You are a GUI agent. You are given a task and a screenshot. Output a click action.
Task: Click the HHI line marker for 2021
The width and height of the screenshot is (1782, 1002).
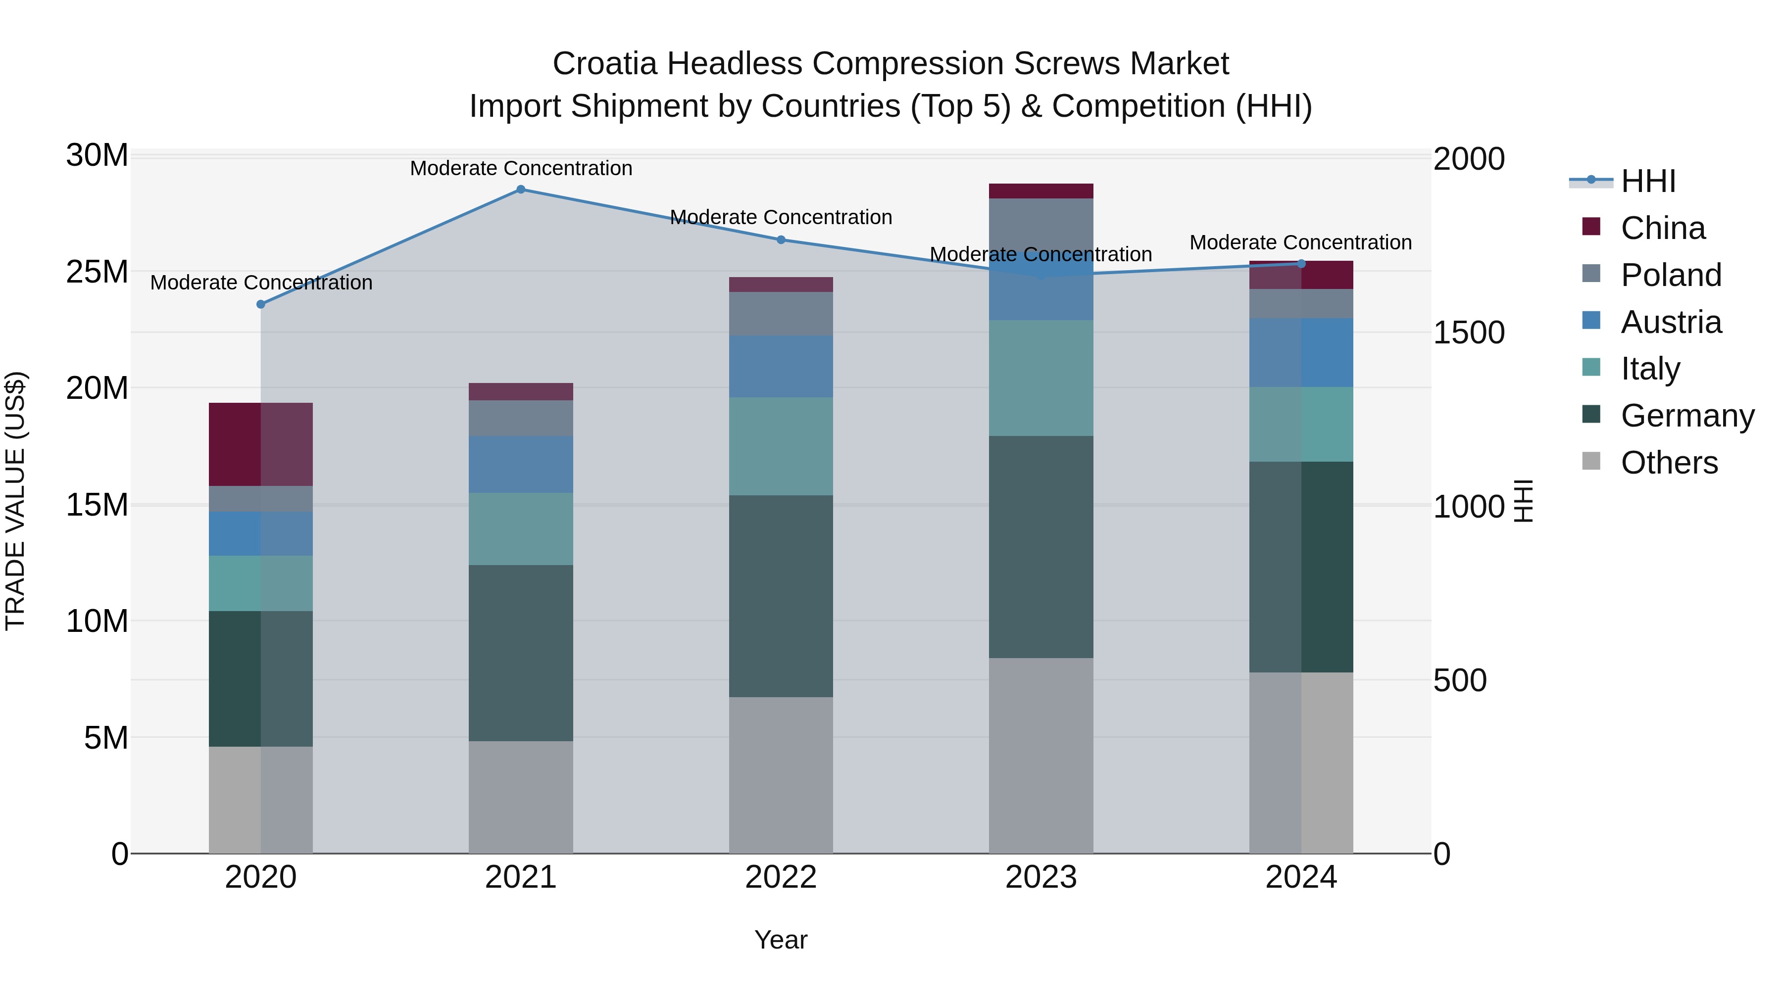pos(521,190)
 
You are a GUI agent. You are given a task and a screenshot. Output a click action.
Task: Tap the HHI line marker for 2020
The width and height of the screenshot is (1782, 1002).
pos(261,304)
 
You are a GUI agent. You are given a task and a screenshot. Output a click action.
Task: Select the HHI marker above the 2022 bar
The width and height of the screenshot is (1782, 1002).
pos(781,240)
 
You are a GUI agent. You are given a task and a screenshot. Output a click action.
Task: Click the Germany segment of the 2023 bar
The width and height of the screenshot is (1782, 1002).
pos(1041,546)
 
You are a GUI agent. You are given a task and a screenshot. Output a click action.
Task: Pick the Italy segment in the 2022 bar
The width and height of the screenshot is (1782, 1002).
pos(781,446)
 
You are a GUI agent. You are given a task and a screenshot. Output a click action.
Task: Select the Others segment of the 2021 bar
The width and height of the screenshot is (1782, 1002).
pos(521,797)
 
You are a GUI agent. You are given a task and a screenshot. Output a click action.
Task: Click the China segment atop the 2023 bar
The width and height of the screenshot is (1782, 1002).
pos(1041,191)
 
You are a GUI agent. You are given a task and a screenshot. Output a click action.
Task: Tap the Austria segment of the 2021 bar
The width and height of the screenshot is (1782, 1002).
pos(521,464)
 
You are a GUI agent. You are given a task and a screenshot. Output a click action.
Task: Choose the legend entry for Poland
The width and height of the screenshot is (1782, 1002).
pos(1670,275)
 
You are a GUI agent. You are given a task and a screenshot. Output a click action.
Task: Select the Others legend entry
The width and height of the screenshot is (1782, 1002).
pos(1669,463)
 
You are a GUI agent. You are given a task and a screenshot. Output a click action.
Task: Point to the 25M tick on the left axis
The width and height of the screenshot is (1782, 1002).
pos(97,272)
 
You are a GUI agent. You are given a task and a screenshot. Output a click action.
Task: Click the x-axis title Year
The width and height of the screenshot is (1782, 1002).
pos(781,940)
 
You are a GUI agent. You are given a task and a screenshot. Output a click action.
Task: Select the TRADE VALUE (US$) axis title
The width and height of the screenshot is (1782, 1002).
pos(15,501)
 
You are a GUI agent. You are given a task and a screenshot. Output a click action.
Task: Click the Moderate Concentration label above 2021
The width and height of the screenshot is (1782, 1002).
pos(521,168)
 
